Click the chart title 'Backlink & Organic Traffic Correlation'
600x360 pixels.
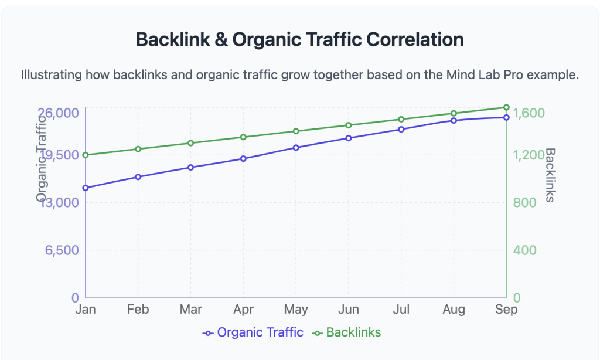299,39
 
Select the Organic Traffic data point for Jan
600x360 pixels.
86,188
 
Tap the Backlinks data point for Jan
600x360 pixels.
86,155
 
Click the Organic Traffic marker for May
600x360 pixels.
296,147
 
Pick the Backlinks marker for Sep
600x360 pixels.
506,107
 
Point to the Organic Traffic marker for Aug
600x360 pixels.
454,120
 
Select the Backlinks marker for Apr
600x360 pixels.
243,137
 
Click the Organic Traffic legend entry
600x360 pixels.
253,332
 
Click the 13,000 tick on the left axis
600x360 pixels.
59,203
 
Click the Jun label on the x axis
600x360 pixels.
349,310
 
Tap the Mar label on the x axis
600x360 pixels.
190,310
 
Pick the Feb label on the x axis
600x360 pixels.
138,310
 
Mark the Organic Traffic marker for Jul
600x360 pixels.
401,129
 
